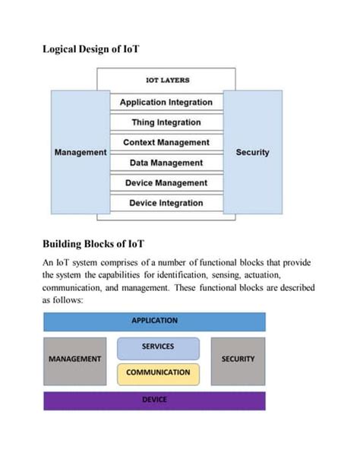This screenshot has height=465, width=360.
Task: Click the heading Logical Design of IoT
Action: [x=91, y=49]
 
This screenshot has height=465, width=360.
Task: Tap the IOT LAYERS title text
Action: [x=167, y=80]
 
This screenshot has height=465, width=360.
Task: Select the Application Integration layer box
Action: [x=166, y=102]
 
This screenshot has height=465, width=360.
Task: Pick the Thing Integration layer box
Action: [x=166, y=122]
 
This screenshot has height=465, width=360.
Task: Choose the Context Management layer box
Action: [x=166, y=143]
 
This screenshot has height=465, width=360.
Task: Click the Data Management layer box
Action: [x=166, y=163]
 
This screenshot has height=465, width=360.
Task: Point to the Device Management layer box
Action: [x=166, y=183]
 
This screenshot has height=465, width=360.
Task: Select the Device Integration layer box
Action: [x=166, y=203]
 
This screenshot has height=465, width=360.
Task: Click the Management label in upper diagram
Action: [x=81, y=152]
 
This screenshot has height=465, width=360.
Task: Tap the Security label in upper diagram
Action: [x=253, y=152]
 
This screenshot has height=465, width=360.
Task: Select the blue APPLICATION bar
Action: [x=155, y=321]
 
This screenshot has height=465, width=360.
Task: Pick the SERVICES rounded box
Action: [x=158, y=347]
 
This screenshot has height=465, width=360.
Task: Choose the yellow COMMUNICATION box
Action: [x=158, y=373]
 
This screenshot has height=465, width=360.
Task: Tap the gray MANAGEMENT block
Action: [x=75, y=359]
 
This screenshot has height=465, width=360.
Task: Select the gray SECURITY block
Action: [x=238, y=359]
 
